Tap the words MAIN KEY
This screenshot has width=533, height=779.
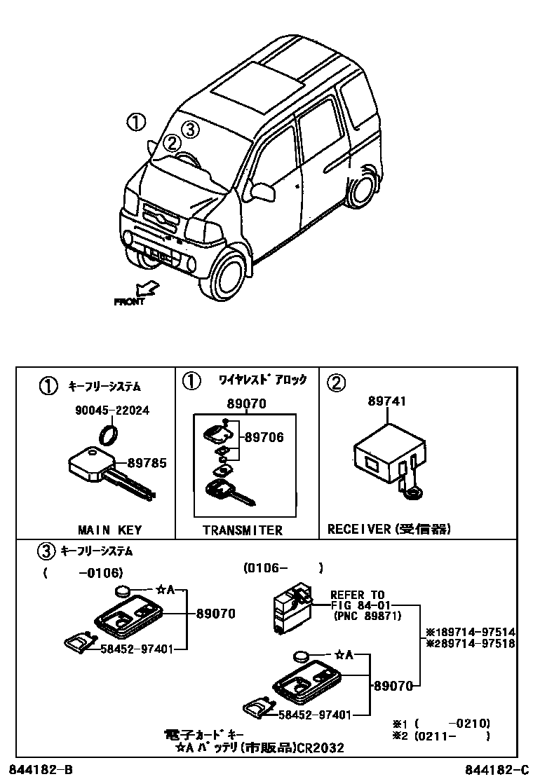(109, 530)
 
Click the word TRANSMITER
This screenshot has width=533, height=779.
(242, 530)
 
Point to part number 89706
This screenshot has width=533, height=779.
(264, 438)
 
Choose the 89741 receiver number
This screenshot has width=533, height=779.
(387, 401)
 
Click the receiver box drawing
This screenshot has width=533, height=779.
(386, 456)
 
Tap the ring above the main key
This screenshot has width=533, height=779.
(109, 434)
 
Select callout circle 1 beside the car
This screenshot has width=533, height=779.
(136, 123)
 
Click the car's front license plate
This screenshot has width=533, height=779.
(158, 254)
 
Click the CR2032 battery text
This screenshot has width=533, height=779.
(320, 748)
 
